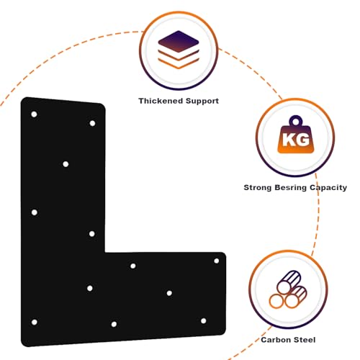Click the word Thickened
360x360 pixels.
point(161,101)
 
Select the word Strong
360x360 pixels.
point(258,187)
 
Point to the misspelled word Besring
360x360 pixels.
point(290,187)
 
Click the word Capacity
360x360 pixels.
point(328,187)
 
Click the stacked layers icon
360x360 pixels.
point(179,50)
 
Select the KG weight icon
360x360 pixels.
point(296,135)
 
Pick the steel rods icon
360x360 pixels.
point(288,289)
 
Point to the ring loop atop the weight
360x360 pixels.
point(296,120)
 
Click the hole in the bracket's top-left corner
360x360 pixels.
point(34,114)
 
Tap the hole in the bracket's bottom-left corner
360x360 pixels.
point(35,322)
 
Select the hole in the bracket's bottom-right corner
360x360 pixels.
point(204,321)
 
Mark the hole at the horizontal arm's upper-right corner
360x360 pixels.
point(217,261)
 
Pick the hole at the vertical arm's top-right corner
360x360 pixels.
point(92,123)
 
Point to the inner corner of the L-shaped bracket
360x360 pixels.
point(105,252)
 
